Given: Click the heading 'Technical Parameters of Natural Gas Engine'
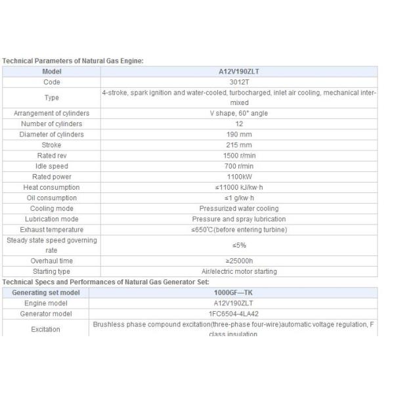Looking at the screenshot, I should (72, 60).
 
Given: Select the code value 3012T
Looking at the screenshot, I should (239, 82).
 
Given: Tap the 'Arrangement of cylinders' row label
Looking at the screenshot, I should (51, 113).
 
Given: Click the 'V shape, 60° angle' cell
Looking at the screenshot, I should (239, 113).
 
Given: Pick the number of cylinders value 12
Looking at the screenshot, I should (239, 123).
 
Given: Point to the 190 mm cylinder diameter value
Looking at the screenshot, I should (239, 134).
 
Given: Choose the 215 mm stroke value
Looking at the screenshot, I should (239, 144).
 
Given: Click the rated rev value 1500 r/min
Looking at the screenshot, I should (239, 155).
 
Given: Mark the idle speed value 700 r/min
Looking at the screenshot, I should (239, 165).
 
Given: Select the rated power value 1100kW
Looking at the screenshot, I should (239, 176).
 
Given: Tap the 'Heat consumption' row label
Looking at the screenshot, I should (51, 187).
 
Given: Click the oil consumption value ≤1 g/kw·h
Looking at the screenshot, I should (239, 198).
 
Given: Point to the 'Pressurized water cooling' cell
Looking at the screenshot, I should (239, 208).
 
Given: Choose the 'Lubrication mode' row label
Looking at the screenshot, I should (51, 219).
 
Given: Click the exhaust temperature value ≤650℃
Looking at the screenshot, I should (239, 229).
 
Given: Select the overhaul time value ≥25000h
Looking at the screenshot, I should (239, 261).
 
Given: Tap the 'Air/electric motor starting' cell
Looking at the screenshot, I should (239, 271).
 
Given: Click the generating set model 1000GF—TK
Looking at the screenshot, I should (239, 292).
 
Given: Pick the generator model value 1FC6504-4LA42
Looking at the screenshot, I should (239, 313).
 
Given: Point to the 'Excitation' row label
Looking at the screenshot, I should (46, 329).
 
